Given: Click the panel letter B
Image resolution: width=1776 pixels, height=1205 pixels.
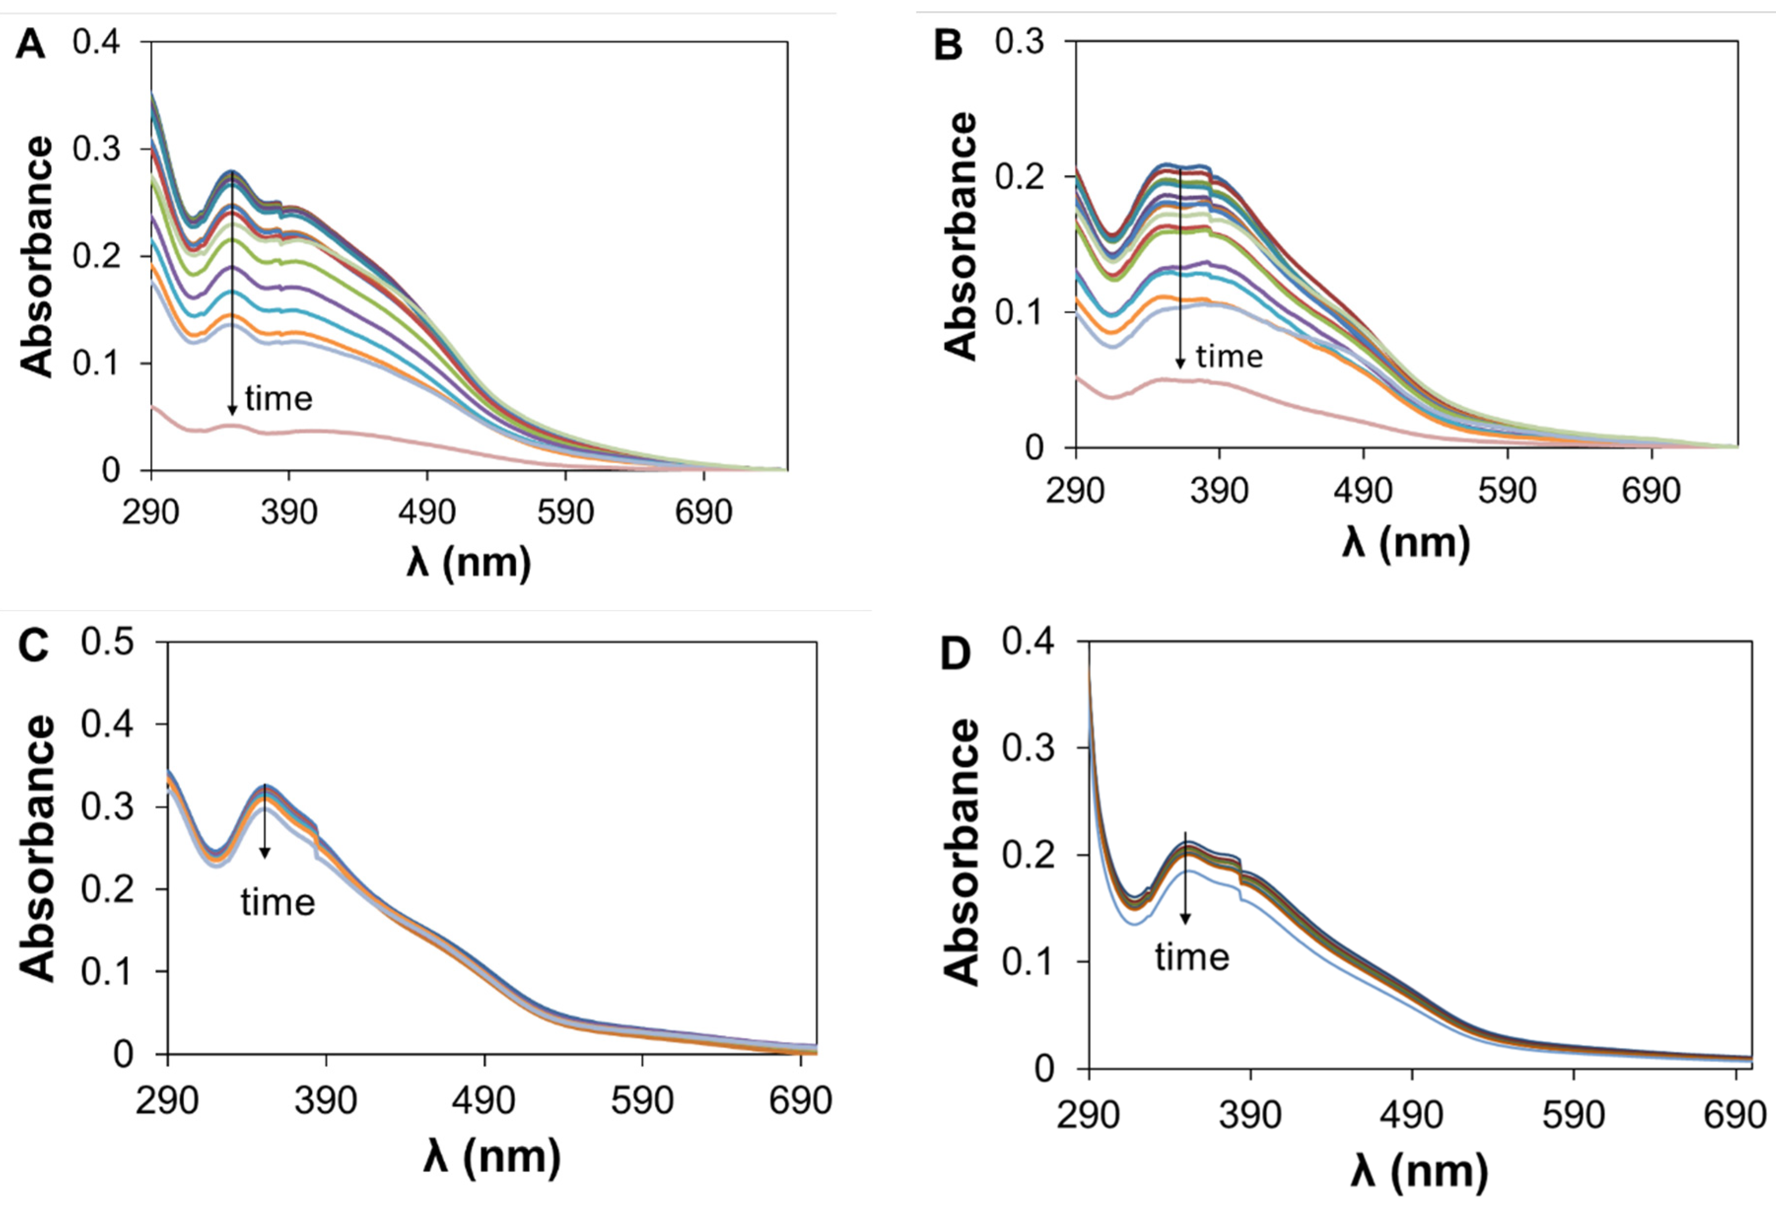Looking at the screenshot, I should (949, 47).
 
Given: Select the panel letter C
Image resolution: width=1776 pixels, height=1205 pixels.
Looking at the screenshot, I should (32, 645).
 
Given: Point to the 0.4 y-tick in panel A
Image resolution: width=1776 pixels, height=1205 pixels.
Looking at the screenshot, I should (96, 42).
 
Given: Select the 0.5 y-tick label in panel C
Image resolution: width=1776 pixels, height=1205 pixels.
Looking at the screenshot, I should (108, 642).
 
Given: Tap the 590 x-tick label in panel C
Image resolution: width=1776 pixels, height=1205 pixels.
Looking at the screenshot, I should (642, 1100).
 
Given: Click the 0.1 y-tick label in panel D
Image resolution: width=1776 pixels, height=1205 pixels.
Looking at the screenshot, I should (1028, 961).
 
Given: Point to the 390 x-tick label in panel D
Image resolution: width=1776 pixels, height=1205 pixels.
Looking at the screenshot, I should (1250, 1115).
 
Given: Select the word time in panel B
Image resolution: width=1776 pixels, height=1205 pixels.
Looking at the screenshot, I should (1230, 356).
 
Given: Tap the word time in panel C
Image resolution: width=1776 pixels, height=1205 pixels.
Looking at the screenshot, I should (278, 902).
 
